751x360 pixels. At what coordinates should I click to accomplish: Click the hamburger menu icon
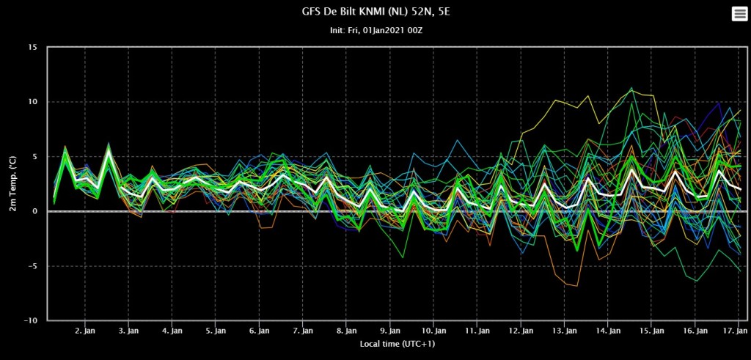tap(739, 15)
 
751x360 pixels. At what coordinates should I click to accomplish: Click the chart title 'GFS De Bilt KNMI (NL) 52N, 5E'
tap(375, 12)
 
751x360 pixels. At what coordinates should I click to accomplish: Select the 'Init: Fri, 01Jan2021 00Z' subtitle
tap(375, 31)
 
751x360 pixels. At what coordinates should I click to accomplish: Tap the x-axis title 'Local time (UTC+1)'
tap(398, 344)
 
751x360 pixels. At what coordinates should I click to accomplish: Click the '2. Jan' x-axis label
tap(85, 331)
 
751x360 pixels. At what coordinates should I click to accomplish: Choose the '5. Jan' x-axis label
tap(216, 331)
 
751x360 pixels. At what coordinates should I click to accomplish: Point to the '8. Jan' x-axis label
tap(346, 331)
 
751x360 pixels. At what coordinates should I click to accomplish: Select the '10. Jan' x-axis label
tap(433, 331)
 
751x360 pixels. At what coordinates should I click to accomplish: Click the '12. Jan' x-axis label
tap(521, 331)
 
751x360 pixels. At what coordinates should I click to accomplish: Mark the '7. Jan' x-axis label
tap(303, 331)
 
